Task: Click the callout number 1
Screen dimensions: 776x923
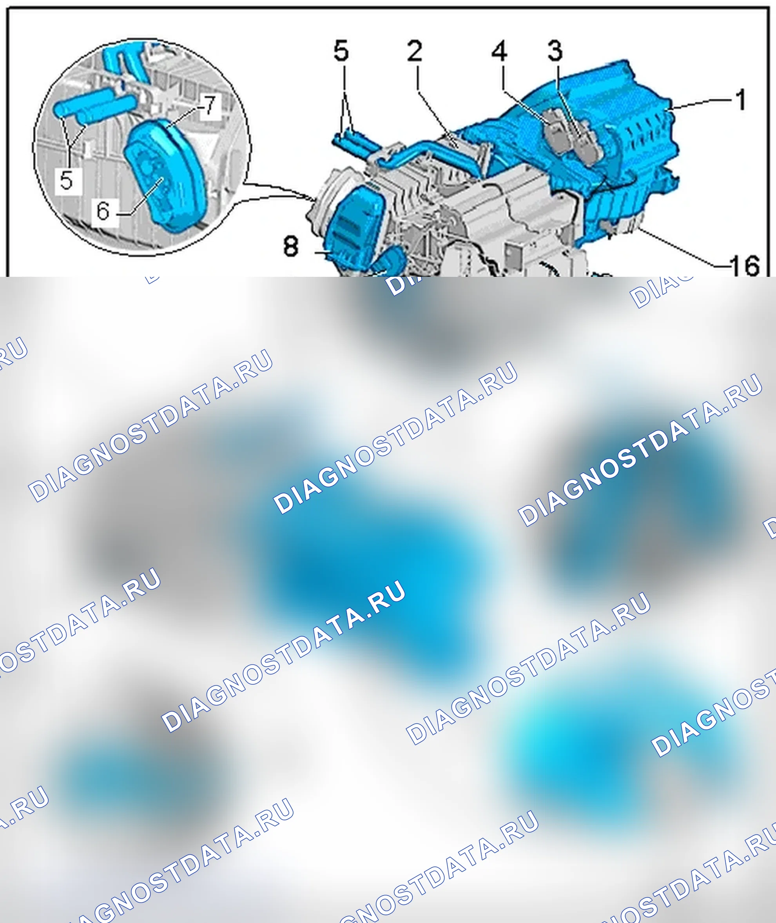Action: [x=741, y=100]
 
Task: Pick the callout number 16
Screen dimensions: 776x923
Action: [x=745, y=265]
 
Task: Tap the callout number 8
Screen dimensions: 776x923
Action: [x=291, y=246]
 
